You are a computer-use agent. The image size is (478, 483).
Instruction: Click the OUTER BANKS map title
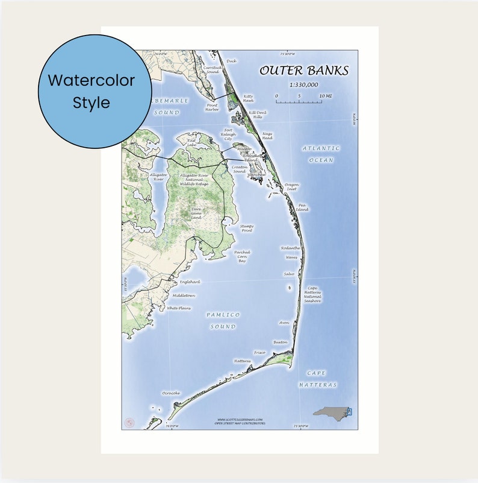pyautogui.click(x=303, y=71)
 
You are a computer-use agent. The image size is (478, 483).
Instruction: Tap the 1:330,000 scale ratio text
pyautogui.click(x=303, y=85)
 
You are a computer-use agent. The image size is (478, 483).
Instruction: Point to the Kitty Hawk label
pyautogui.click(x=248, y=98)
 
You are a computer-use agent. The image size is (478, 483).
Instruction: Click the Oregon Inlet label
pyautogui.click(x=291, y=186)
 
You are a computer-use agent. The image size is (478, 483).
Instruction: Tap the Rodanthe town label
pyautogui.click(x=290, y=248)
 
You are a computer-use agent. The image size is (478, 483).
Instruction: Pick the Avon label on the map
pyautogui.click(x=284, y=323)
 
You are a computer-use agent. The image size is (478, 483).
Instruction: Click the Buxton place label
pyautogui.click(x=281, y=342)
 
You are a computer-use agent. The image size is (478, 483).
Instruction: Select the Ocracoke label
pyautogui.click(x=170, y=393)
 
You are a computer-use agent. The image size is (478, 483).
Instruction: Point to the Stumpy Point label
pyautogui.click(x=247, y=228)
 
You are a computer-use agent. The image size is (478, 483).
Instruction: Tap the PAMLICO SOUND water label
pyautogui.click(x=223, y=320)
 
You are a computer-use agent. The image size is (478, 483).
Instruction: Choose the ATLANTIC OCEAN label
pyautogui.click(x=321, y=154)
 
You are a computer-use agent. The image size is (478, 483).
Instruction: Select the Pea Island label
pyautogui.click(x=302, y=207)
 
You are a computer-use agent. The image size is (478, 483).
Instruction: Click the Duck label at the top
pyautogui.click(x=231, y=61)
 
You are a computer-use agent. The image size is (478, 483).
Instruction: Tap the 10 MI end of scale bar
pyautogui.click(x=324, y=96)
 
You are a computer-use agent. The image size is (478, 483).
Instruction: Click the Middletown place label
pyautogui.click(x=184, y=295)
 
